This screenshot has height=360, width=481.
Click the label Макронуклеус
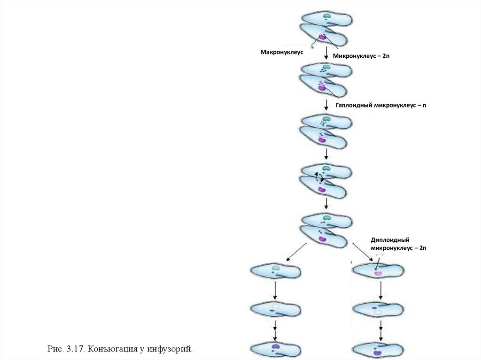(x=282, y=52)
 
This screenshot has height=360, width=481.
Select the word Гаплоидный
(x=354, y=106)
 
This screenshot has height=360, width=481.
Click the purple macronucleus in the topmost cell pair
(x=322, y=37)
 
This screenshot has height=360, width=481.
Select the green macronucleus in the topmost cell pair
(x=326, y=16)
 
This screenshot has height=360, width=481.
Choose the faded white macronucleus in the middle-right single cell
(x=377, y=311)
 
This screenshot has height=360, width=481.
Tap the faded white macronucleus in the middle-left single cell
(x=275, y=308)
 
